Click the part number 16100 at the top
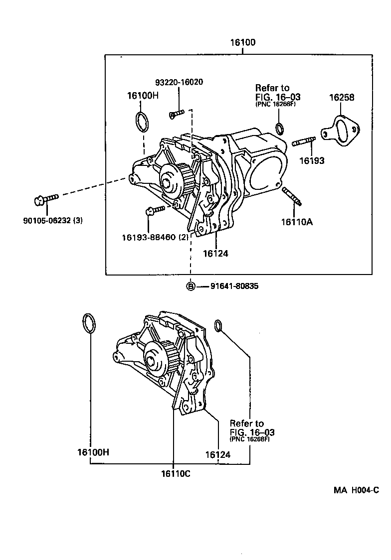pyautogui.click(x=242, y=43)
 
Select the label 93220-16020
pyautogui.click(x=179, y=82)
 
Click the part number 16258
pyautogui.click(x=342, y=98)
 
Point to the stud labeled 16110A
pyautogui.click(x=292, y=195)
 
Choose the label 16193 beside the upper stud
pyautogui.click(x=312, y=160)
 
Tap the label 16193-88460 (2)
pyautogui.click(x=155, y=238)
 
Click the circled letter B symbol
pyautogui.click(x=191, y=286)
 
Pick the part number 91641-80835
pyautogui.click(x=234, y=286)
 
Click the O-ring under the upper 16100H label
pyautogui.click(x=142, y=122)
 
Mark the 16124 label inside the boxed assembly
pyautogui.click(x=215, y=253)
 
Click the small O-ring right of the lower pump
pyautogui.click(x=218, y=325)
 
